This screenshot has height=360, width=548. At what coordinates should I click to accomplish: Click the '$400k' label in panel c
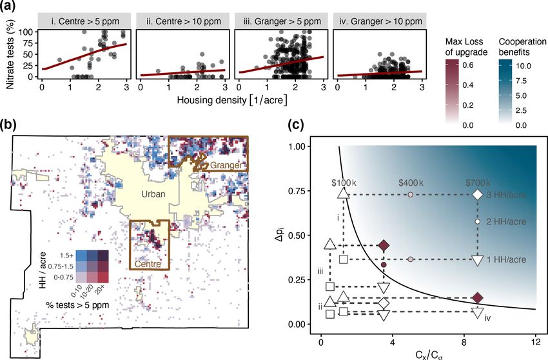(411, 183)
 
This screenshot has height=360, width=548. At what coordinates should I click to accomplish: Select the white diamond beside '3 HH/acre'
(478, 194)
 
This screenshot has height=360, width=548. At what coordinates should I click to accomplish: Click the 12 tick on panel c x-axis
(536, 341)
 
